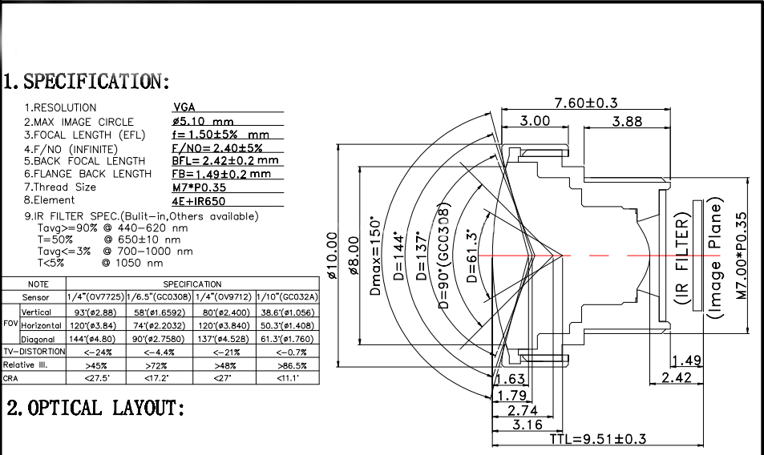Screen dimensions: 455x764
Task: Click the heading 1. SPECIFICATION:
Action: tap(87, 82)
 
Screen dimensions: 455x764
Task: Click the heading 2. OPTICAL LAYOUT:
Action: tap(95, 409)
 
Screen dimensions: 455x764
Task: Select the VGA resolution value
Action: tap(184, 107)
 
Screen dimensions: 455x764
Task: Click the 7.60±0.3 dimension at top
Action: tap(586, 103)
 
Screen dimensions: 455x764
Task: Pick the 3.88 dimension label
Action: tap(627, 121)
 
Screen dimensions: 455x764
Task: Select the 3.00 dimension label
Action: tap(535, 121)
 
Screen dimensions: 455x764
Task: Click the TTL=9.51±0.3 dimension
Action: tap(598, 439)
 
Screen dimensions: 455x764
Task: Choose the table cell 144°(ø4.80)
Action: tap(95, 340)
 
